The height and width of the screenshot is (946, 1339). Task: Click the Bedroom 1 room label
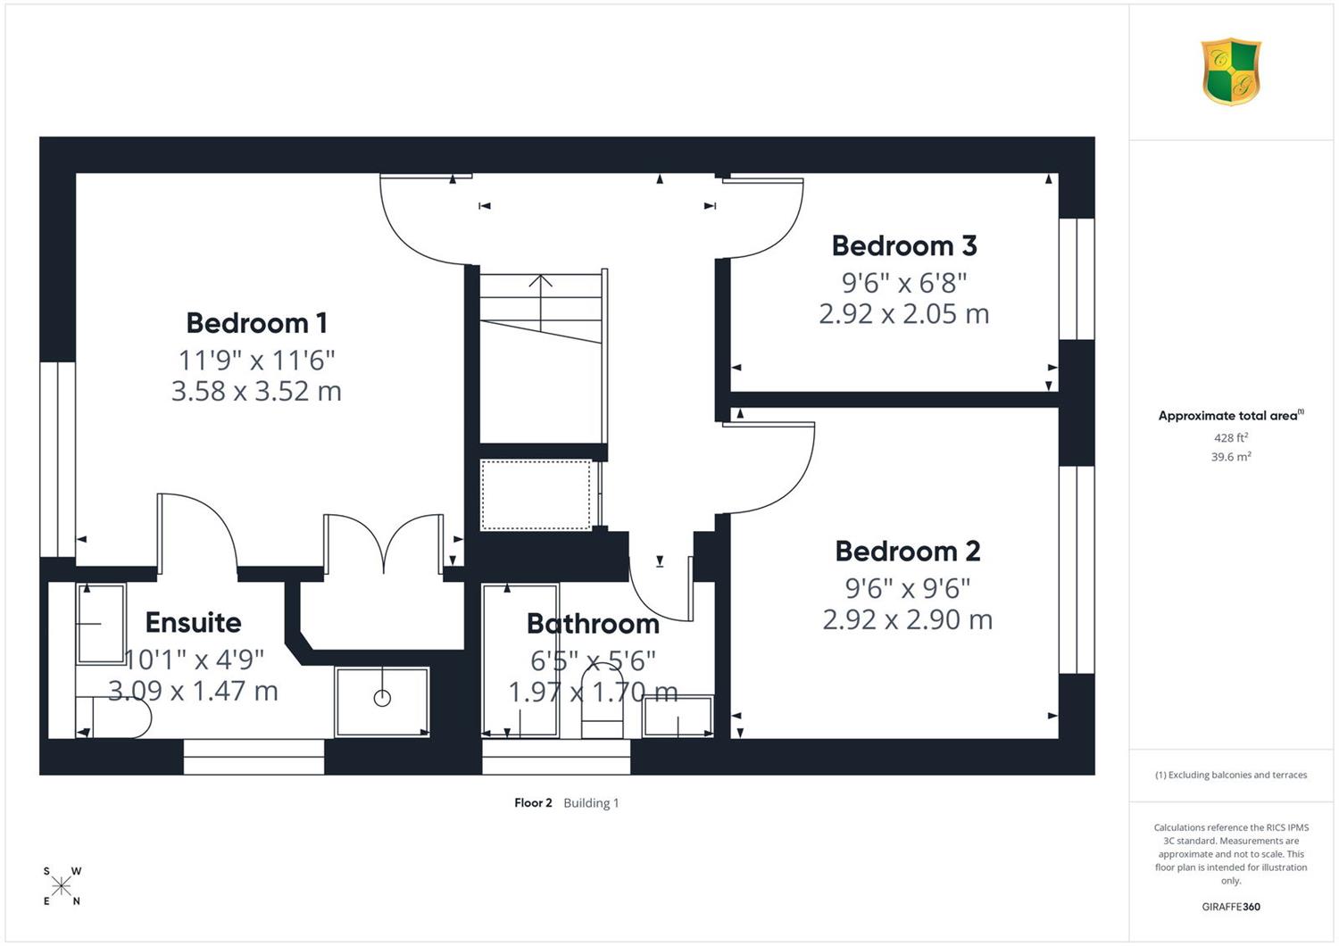[x=257, y=323]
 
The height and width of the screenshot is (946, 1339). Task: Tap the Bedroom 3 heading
[x=903, y=245]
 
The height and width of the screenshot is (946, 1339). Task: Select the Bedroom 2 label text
[x=908, y=551]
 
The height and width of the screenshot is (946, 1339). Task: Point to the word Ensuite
[x=193, y=623]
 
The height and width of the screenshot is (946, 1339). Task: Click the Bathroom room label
[x=593, y=624]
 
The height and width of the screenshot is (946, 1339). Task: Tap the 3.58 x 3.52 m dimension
[x=256, y=391]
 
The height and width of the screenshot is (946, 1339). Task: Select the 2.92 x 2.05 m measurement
[x=903, y=314]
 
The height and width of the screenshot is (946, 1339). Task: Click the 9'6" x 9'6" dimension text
[x=908, y=589]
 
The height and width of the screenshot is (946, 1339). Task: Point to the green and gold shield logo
[x=1231, y=71]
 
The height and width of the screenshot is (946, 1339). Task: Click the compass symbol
[x=61, y=885]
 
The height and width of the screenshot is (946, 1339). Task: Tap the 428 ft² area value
[x=1230, y=437]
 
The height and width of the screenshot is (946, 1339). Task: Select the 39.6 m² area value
[x=1230, y=457]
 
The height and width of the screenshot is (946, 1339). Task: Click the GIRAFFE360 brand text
[x=1231, y=907]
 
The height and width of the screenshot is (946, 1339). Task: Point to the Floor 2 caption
[x=533, y=802]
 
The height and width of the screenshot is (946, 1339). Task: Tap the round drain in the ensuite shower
[x=382, y=697]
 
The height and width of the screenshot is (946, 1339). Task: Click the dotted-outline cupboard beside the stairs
[x=536, y=494]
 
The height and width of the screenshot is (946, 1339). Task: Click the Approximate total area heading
[x=1231, y=415]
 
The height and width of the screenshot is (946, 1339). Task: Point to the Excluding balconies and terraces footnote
[x=1231, y=775]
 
